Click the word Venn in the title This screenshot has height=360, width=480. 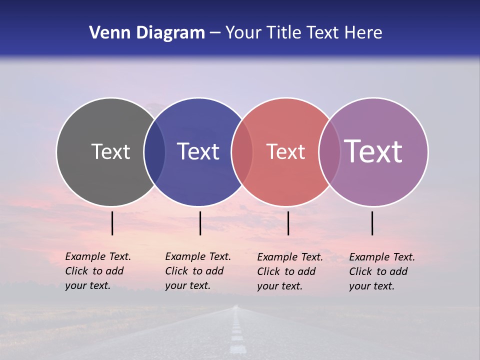(106, 33)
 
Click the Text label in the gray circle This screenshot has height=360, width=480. (110, 151)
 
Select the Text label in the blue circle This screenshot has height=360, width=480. (198, 151)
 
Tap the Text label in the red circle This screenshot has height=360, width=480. (285, 151)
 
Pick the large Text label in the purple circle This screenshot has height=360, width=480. (373, 151)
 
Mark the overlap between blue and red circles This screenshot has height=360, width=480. (242, 152)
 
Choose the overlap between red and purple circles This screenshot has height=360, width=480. (329, 152)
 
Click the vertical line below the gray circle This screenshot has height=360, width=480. (112, 223)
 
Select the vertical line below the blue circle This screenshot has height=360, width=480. (200, 223)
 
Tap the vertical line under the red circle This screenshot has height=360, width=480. (288, 223)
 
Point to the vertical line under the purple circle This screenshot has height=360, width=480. (372, 223)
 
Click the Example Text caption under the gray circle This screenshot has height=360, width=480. (97, 271)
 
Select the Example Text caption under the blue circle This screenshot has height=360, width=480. (197, 271)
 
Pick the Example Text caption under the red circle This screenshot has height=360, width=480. (289, 271)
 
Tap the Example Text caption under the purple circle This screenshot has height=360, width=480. (381, 271)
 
